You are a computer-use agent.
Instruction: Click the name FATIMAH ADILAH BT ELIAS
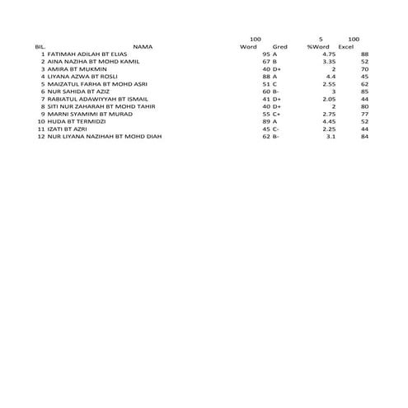(87, 54)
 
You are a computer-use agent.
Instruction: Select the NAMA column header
(143, 46)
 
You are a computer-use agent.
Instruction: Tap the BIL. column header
(40, 46)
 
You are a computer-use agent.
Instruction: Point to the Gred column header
(279, 46)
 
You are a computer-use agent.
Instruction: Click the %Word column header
(318, 46)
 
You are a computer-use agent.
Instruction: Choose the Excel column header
(346, 46)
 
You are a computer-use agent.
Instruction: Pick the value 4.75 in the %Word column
(329, 54)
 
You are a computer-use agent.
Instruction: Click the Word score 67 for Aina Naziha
(266, 61)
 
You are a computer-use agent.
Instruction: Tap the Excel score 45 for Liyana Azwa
(363, 76)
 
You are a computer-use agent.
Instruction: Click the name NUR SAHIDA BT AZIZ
(77, 91)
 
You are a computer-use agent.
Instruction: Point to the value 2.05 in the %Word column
(328, 98)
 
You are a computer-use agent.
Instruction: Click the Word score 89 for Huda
(266, 121)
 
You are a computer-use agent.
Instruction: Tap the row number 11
(40, 129)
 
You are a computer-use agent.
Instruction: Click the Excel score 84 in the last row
(363, 136)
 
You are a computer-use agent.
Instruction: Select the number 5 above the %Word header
(321, 39)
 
